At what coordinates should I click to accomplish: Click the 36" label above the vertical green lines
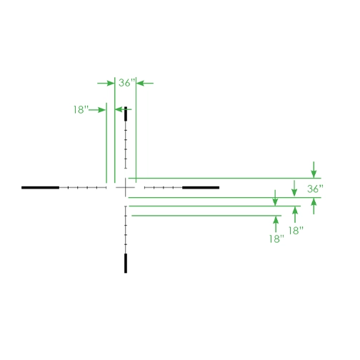[127, 83]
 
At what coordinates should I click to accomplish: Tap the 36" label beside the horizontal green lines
[315, 189]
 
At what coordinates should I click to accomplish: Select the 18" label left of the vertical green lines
[81, 110]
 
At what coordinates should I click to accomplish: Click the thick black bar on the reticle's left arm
[40, 188]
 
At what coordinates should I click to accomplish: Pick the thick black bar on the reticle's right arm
[201, 188]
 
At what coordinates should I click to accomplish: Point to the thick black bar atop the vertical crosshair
[126, 114]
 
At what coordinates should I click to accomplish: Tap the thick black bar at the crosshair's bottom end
[126, 263]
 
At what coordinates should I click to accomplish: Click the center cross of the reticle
[126, 188]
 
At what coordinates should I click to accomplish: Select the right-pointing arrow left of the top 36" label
[106, 83]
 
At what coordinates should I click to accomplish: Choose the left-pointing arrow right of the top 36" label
[145, 83]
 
